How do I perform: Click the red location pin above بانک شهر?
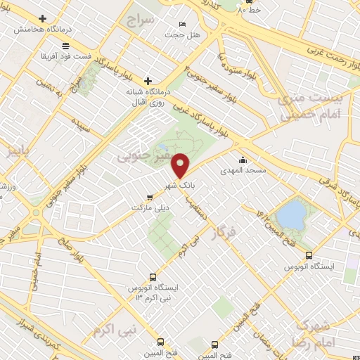181,165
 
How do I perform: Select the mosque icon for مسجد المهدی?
243,160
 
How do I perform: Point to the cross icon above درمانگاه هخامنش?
43,18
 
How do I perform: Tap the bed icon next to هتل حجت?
183,25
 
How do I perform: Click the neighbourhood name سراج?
139,20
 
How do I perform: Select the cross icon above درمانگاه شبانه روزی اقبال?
147,82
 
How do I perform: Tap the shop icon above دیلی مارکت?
148,198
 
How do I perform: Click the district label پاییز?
16,151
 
